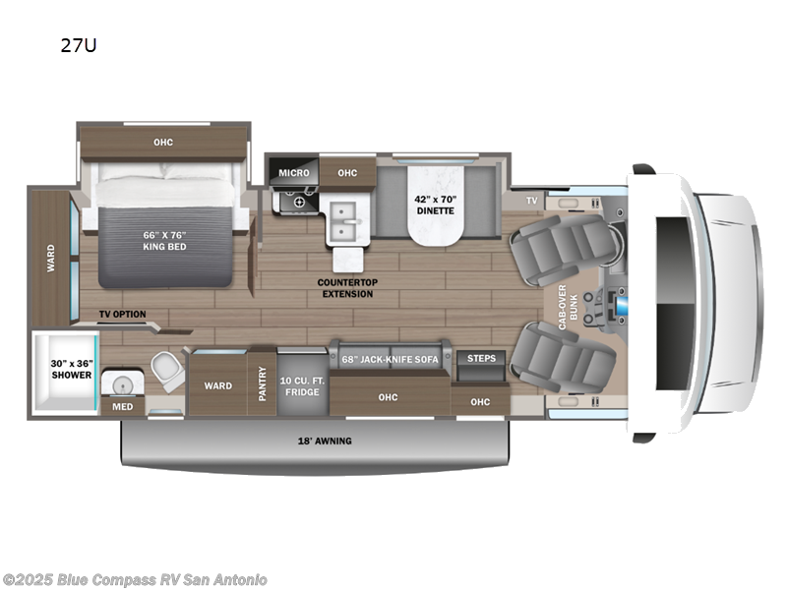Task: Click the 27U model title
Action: pos(84,45)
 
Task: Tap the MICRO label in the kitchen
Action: pos(293,173)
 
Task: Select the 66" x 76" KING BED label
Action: pos(164,241)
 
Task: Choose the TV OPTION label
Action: pos(122,315)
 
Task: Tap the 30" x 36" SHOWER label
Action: pos(72,369)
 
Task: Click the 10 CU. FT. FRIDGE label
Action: pos(301,384)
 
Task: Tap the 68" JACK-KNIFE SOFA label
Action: pos(390,359)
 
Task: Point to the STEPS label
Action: pos(481,358)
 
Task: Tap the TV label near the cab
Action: pos(531,200)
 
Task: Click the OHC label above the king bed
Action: pos(163,143)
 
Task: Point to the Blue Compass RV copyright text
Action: pos(135,580)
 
